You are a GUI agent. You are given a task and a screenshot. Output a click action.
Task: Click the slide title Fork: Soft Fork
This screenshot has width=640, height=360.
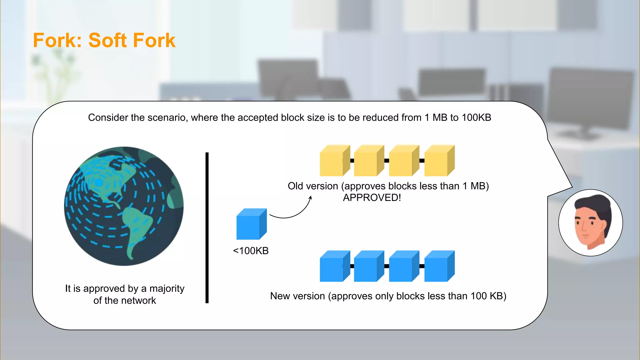click(104, 40)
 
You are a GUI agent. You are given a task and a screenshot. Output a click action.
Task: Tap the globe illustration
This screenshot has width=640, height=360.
click(124, 206)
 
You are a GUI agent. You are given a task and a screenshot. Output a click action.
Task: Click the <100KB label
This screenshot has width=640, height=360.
click(251, 251)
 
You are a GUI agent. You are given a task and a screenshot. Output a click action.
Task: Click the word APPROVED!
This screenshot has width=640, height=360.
click(372, 197)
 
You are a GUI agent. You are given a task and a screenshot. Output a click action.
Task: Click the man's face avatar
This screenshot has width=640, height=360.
click(590, 223)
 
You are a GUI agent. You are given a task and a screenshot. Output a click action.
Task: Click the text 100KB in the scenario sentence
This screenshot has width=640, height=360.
click(476, 117)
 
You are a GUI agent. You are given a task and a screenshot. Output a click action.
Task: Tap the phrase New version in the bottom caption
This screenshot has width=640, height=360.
click(297, 296)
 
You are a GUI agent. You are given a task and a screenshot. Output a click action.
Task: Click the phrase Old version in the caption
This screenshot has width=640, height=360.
click(313, 186)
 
